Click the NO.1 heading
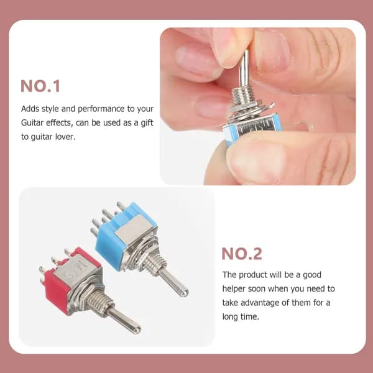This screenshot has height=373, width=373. (x=40, y=86)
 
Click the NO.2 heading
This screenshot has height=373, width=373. (x=242, y=254)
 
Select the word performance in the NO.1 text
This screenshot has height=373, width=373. (x=101, y=109)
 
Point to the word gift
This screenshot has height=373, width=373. (x=147, y=122)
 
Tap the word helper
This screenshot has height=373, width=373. (x=234, y=289)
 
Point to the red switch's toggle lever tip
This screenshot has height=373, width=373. (x=136, y=329)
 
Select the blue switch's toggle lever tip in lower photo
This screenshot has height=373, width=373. (x=184, y=292)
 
